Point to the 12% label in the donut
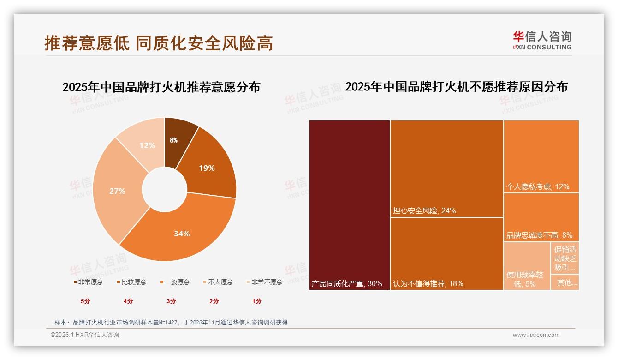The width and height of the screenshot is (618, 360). [147, 145]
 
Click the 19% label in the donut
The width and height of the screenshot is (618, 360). [207, 168]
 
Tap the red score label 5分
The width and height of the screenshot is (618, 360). [86, 301]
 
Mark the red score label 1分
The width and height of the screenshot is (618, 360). [257, 301]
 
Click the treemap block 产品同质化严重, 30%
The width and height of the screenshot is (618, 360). [350, 205]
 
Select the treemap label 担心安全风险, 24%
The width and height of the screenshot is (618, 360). [424, 211]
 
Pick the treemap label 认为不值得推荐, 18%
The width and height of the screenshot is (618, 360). [428, 283]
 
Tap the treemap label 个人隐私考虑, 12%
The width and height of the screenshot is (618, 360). [538, 187]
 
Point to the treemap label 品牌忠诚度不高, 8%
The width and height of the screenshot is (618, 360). [539, 235]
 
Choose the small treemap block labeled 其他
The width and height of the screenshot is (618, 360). [565, 282]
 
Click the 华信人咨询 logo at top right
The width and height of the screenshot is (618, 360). [542, 40]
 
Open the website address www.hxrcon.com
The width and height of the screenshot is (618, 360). [536, 335]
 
